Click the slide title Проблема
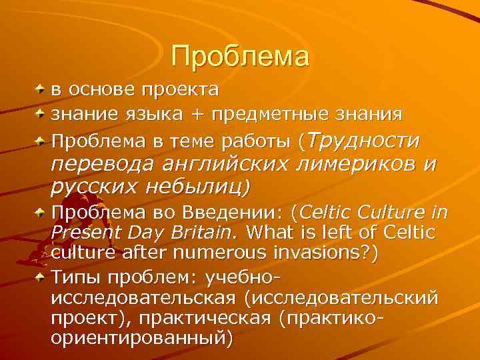(x=240, y=56)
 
